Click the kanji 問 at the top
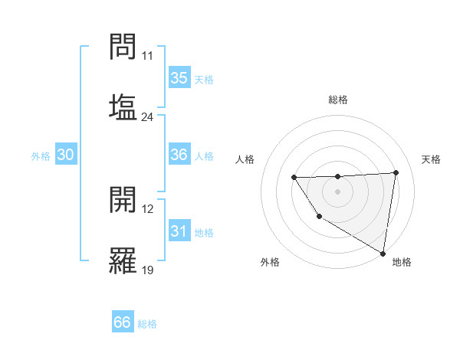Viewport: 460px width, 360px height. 123,47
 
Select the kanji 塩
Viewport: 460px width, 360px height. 123,106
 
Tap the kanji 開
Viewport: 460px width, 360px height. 123,201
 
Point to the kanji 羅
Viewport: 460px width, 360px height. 123,259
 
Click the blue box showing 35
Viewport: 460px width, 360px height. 179,77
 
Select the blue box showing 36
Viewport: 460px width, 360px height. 179,155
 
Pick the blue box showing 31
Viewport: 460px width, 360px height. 179,231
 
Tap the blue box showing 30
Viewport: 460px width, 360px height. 66,155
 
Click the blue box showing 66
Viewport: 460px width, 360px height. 123,322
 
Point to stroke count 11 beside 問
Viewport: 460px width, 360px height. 147,56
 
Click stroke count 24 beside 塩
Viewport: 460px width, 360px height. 147,117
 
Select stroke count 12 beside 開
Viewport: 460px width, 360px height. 147,209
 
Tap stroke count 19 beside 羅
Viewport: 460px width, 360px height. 147,270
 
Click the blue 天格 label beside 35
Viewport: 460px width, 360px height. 204,80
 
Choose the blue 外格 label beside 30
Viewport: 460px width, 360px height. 41,156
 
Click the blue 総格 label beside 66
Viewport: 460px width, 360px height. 147,324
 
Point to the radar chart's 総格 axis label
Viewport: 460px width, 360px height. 338,100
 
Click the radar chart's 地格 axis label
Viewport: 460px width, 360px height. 402,262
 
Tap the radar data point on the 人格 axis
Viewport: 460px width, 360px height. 294,178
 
